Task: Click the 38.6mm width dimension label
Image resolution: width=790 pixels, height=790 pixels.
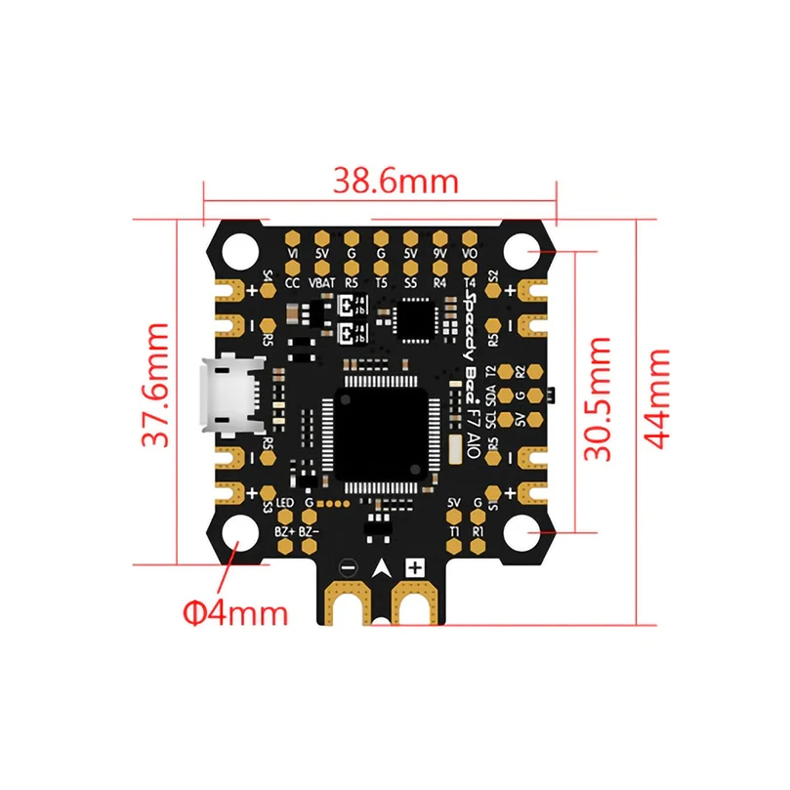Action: (382, 181)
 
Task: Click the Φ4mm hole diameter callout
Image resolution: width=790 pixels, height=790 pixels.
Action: (235, 612)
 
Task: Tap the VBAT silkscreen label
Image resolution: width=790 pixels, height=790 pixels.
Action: (321, 282)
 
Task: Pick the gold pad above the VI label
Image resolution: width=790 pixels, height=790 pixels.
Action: (292, 237)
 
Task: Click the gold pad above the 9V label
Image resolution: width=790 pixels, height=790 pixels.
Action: (440, 237)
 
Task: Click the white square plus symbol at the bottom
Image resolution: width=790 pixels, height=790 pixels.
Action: (416, 566)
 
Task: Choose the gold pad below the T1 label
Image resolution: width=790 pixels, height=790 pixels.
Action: (454, 549)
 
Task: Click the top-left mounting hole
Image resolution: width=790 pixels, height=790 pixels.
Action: (236, 251)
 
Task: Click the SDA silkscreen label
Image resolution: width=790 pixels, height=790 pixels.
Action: (491, 395)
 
